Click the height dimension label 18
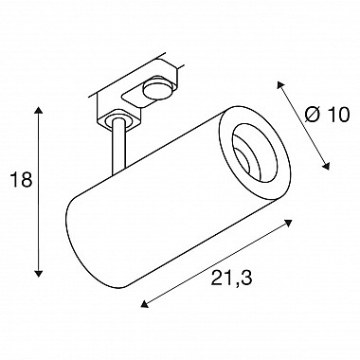(x=22, y=180)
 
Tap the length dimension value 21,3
(x=231, y=278)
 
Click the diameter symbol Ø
(x=313, y=114)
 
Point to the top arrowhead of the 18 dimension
(x=39, y=111)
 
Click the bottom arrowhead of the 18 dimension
(x=39, y=274)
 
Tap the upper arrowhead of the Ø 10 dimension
(x=280, y=84)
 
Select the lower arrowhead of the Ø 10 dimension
(x=326, y=166)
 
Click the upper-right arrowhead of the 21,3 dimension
(x=288, y=222)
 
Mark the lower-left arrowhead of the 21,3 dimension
(x=144, y=304)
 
